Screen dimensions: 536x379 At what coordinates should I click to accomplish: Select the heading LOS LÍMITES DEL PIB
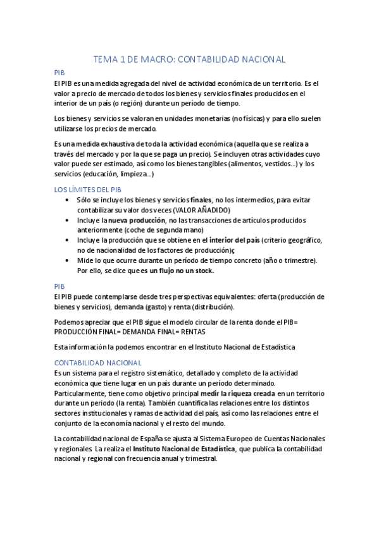(x=87, y=190)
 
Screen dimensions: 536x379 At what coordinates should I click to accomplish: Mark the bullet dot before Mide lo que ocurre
(x=68, y=260)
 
